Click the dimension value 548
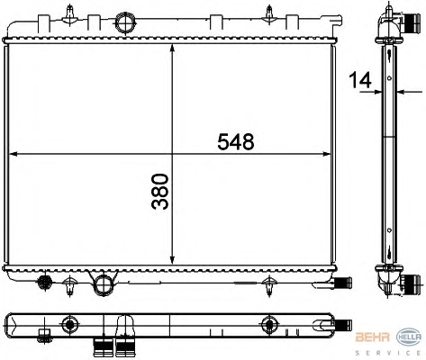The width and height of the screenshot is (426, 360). tap(236, 141)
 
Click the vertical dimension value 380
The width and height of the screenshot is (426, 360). tap(159, 191)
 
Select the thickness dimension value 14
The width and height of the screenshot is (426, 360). tap(360, 80)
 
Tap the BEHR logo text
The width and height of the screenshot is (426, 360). tap(373, 337)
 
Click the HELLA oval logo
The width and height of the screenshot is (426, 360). tap(409, 337)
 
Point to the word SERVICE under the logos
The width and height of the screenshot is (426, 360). tap(388, 353)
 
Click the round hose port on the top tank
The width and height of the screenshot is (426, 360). tap(124, 22)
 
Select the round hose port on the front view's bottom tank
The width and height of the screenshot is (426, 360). tap(104, 283)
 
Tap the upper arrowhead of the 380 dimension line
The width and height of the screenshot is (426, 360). tap(172, 48)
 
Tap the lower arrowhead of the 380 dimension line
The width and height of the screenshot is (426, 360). tap(172, 260)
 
